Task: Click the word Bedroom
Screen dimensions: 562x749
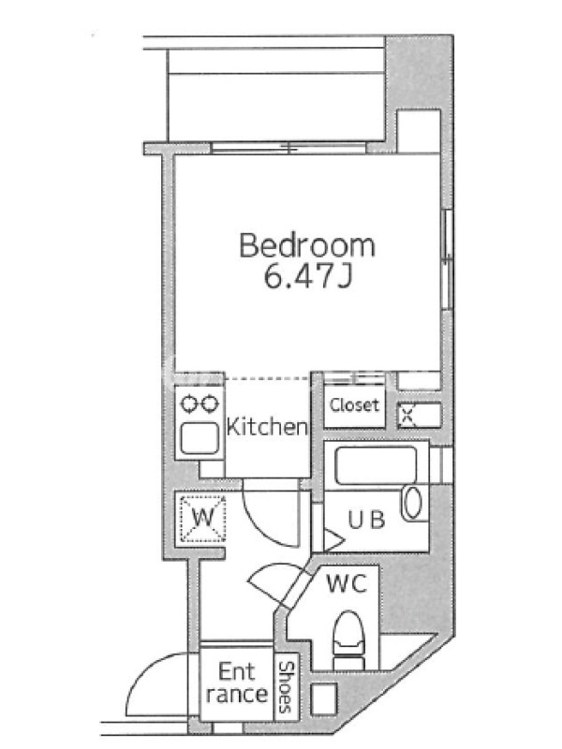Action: pyautogui.click(x=307, y=245)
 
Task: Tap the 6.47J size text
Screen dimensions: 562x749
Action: pyautogui.click(x=308, y=275)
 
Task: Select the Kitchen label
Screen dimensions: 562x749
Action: pyautogui.click(x=267, y=427)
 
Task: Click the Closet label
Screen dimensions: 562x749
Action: pyautogui.click(x=354, y=405)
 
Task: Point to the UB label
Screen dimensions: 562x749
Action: pyautogui.click(x=366, y=520)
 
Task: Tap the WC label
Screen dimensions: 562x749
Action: pyautogui.click(x=347, y=582)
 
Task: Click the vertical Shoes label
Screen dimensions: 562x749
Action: pyautogui.click(x=286, y=687)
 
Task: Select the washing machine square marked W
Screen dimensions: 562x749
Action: pyautogui.click(x=202, y=519)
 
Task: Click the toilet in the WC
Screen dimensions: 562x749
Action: pyautogui.click(x=348, y=640)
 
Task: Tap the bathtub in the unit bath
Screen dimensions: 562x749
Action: pyautogui.click(x=376, y=465)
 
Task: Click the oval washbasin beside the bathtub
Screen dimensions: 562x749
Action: pyautogui.click(x=413, y=503)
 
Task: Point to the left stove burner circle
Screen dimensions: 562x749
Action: pyautogui.click(x=188, y=404)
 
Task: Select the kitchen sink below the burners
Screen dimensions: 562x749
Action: pyautogui.click(x=200, y=438)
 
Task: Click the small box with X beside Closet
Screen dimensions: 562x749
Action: pyautogui.click(x=407, y=415)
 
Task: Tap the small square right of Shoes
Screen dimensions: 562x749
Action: pyautogui.click(x=324, y=698)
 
